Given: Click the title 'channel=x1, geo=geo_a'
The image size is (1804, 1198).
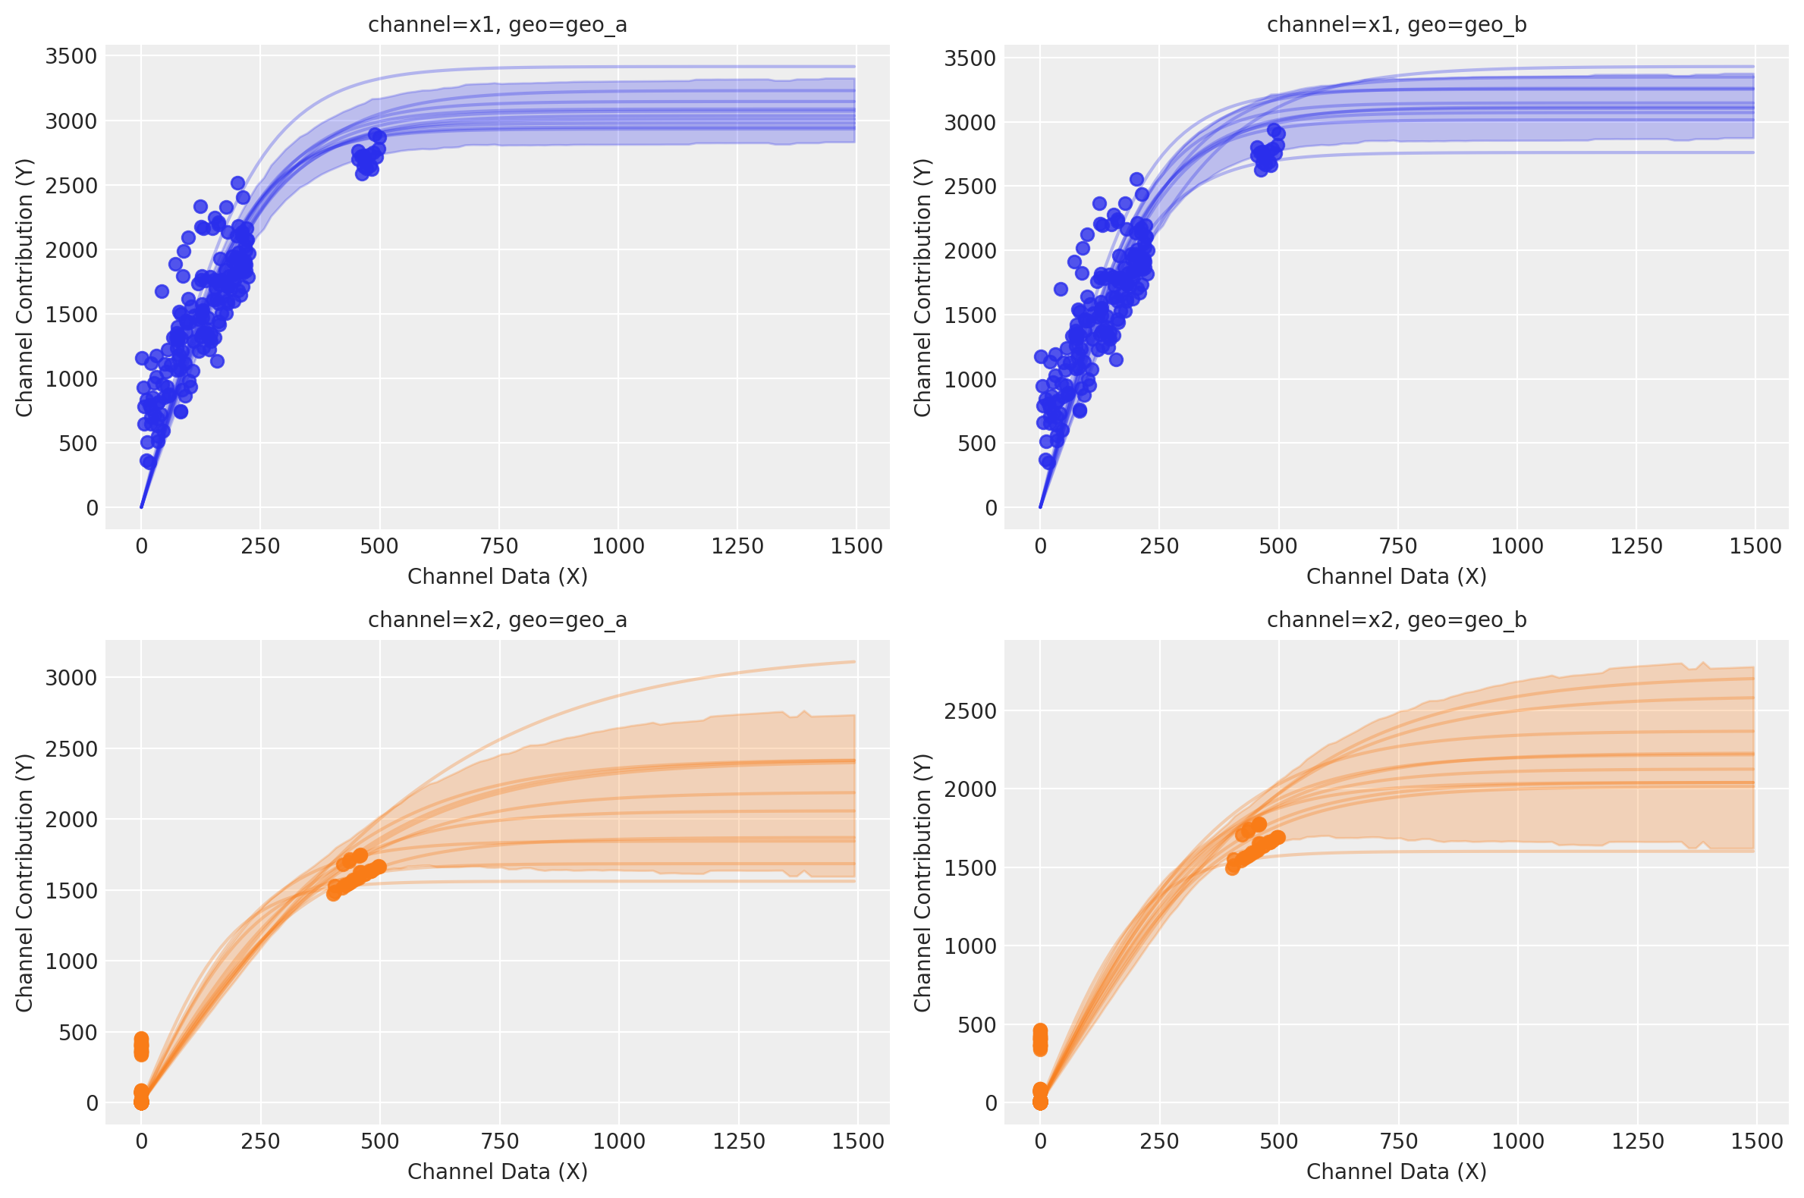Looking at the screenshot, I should point(498,25).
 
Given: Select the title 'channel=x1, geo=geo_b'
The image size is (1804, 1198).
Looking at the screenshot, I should point(1397,25).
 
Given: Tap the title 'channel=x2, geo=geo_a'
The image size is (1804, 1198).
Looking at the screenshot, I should point(498,619).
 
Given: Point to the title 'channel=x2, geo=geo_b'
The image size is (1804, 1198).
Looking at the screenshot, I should point(1397,619).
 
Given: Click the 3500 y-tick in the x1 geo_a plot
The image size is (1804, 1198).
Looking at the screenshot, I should point(71,57).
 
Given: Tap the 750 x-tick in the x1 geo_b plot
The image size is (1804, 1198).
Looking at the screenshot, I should point(1397,546).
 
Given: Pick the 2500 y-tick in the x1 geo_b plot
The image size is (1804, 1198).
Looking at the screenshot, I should point(970,187).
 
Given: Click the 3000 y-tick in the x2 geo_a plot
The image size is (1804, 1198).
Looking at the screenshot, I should point(71,678).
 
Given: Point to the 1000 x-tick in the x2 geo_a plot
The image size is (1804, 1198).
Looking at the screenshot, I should point(618,1141).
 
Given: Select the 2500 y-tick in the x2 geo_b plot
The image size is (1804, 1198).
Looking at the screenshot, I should point(970,711).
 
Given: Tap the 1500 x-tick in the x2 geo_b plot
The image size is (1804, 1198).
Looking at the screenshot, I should point(1756,1141).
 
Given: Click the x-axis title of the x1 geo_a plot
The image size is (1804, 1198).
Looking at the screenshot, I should point(498,576).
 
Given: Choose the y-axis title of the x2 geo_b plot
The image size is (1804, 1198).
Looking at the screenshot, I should point(922,883).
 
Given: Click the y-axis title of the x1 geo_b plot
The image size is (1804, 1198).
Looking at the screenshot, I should point(922,287).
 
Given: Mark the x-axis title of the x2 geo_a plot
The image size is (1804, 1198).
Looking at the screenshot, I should point(498,1171).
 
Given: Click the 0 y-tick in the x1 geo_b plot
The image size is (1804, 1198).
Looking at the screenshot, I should point(991,508).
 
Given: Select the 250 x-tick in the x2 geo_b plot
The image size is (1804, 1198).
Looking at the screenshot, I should point(1159,1141).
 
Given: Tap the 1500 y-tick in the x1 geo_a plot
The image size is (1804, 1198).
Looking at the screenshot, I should point(71,315).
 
